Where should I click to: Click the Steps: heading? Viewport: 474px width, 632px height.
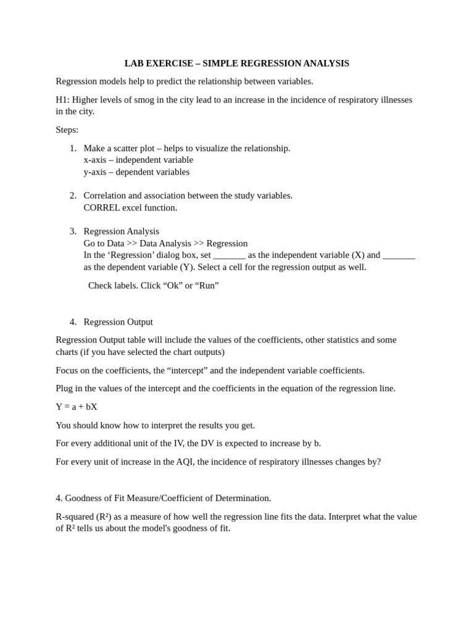coord(67,130)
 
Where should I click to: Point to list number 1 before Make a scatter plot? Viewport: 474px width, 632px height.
coord(73,148)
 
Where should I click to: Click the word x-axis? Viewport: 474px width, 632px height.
coord(94,160)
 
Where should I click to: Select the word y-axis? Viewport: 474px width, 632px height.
coord(94,172)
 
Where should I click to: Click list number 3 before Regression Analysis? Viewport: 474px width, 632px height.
coord(73,231)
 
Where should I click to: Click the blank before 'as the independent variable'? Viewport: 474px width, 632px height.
coord(229,256)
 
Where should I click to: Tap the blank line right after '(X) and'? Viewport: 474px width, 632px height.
coord(399,256)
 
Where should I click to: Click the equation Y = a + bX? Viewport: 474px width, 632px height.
coord(77,407)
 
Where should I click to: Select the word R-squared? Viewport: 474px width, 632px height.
coord(75,517)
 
